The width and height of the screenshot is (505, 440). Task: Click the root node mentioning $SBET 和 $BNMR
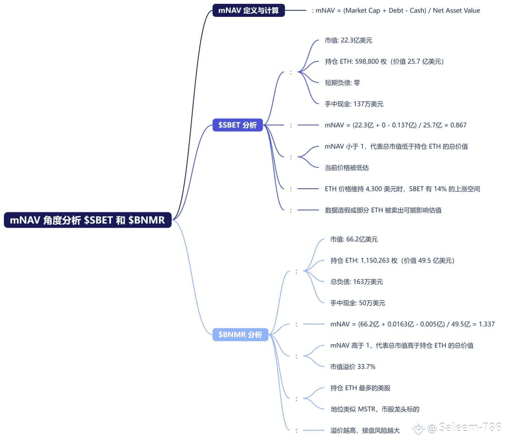(87, 220)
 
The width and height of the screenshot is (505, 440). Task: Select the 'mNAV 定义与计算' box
(249, 10)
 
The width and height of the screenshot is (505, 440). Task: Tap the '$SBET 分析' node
(238, 125)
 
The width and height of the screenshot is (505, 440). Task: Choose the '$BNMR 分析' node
(240, 334)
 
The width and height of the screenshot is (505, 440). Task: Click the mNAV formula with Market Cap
(396, 11)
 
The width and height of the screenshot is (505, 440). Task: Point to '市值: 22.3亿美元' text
(348, 40)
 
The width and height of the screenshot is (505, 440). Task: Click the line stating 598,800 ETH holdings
(384, 62)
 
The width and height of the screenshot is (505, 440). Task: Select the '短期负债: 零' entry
(342, 83)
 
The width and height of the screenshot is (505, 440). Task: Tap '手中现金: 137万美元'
(354, 104)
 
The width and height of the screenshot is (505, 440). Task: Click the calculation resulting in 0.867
(396, 125)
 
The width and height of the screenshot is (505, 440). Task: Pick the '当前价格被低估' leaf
(347, 168)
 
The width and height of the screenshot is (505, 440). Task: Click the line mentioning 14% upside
(402, 189)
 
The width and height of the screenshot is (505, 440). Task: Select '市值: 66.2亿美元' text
(354, 239)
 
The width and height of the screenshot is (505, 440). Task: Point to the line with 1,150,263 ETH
(392, 261)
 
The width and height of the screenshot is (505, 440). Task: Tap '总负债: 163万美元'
(356, 282)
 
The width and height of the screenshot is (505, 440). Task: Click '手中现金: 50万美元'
(358, 303)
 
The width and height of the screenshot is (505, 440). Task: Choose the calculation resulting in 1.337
(412, 324)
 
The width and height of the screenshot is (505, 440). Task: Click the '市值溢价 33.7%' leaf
(353, 367)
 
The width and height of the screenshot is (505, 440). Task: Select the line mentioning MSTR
(375, 409)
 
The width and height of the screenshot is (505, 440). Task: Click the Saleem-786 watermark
(457, 427)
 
